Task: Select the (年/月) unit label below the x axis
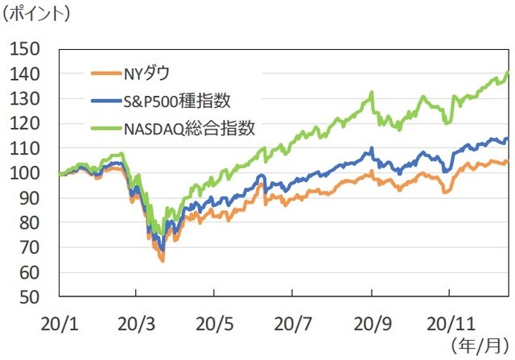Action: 480,347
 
